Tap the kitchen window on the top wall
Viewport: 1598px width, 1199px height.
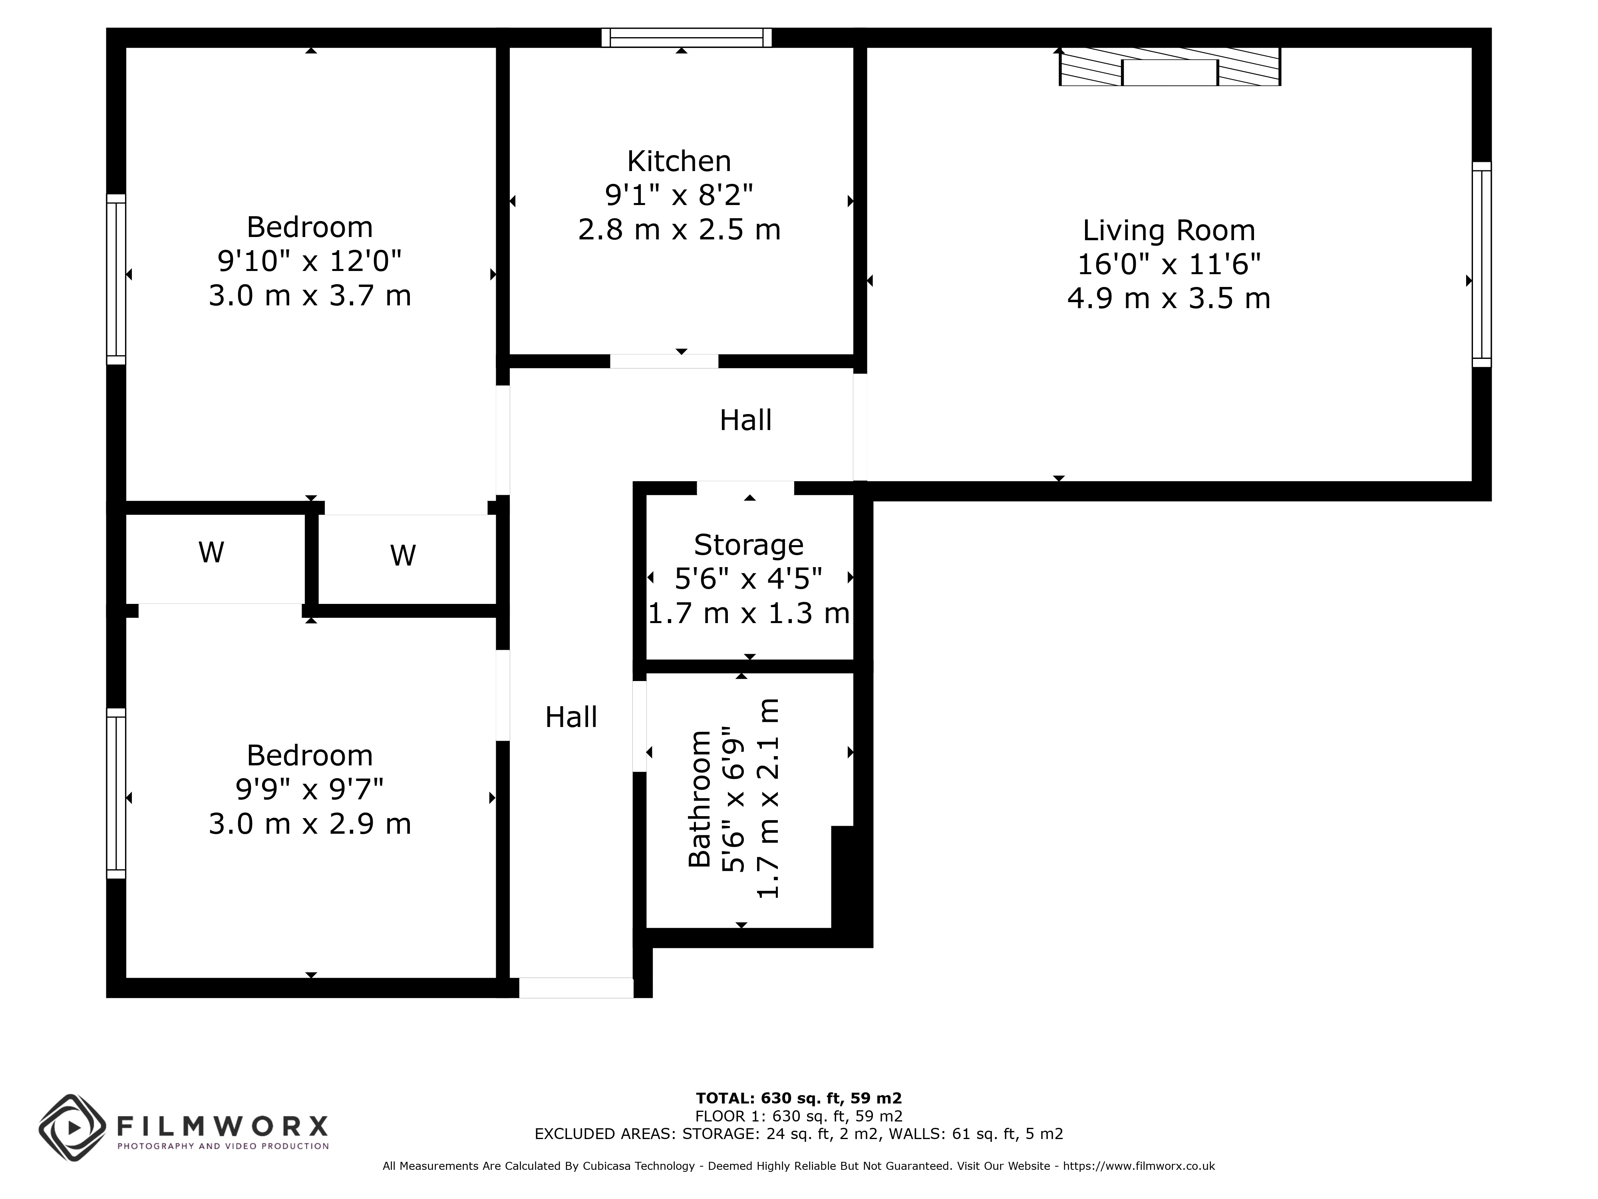coord(686,38)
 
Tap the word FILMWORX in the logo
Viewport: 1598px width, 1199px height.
coord(223,1126)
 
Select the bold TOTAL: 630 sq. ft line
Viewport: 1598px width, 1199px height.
coord(799,1099)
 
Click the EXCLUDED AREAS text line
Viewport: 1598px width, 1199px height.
coord(799,1134)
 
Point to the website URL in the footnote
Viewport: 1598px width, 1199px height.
coord(1139,1166)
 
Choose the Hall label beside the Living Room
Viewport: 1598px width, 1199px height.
coord(745,420)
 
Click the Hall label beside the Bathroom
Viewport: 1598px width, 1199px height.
coord(571,717)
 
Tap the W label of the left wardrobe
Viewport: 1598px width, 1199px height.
coord(211,553)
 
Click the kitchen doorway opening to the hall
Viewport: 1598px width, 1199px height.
coord(664,361)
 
